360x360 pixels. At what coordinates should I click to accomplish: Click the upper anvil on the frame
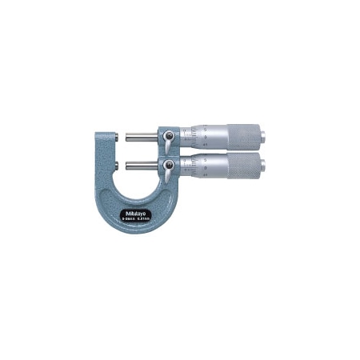point(120,136)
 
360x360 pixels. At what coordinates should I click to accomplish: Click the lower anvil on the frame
point(120,166)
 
